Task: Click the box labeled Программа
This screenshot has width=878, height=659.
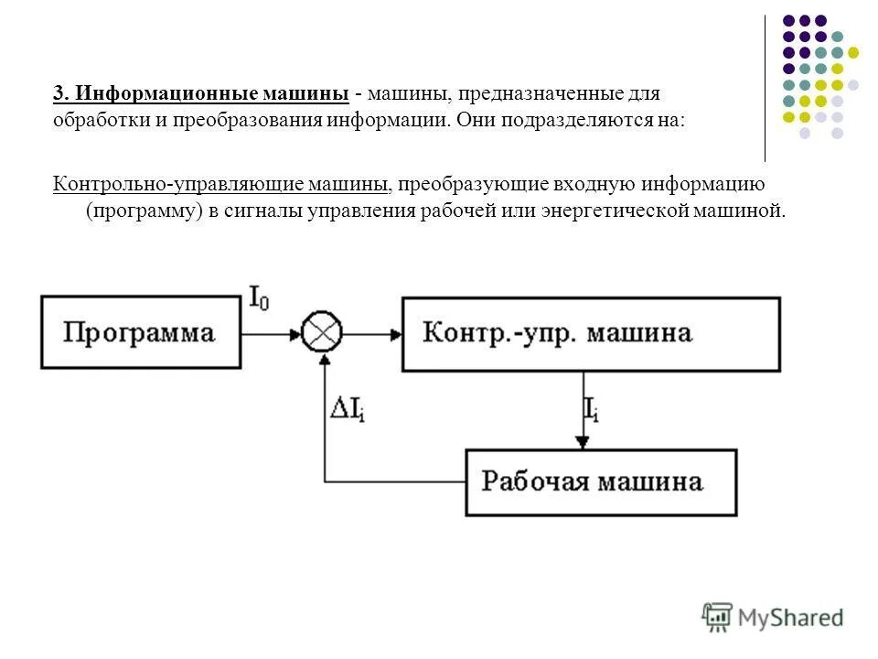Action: (138, 331)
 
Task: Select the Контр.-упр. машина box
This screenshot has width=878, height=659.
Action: (591, 333)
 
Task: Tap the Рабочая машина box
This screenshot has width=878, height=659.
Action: (601, 481)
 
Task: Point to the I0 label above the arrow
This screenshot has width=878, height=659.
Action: (260, 297)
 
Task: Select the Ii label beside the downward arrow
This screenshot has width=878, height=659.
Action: (591, 408)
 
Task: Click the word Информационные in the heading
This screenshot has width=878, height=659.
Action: (147, 93)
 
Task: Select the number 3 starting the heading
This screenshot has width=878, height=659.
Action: (59, 93)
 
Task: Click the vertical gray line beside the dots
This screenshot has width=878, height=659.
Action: (765, 88)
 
